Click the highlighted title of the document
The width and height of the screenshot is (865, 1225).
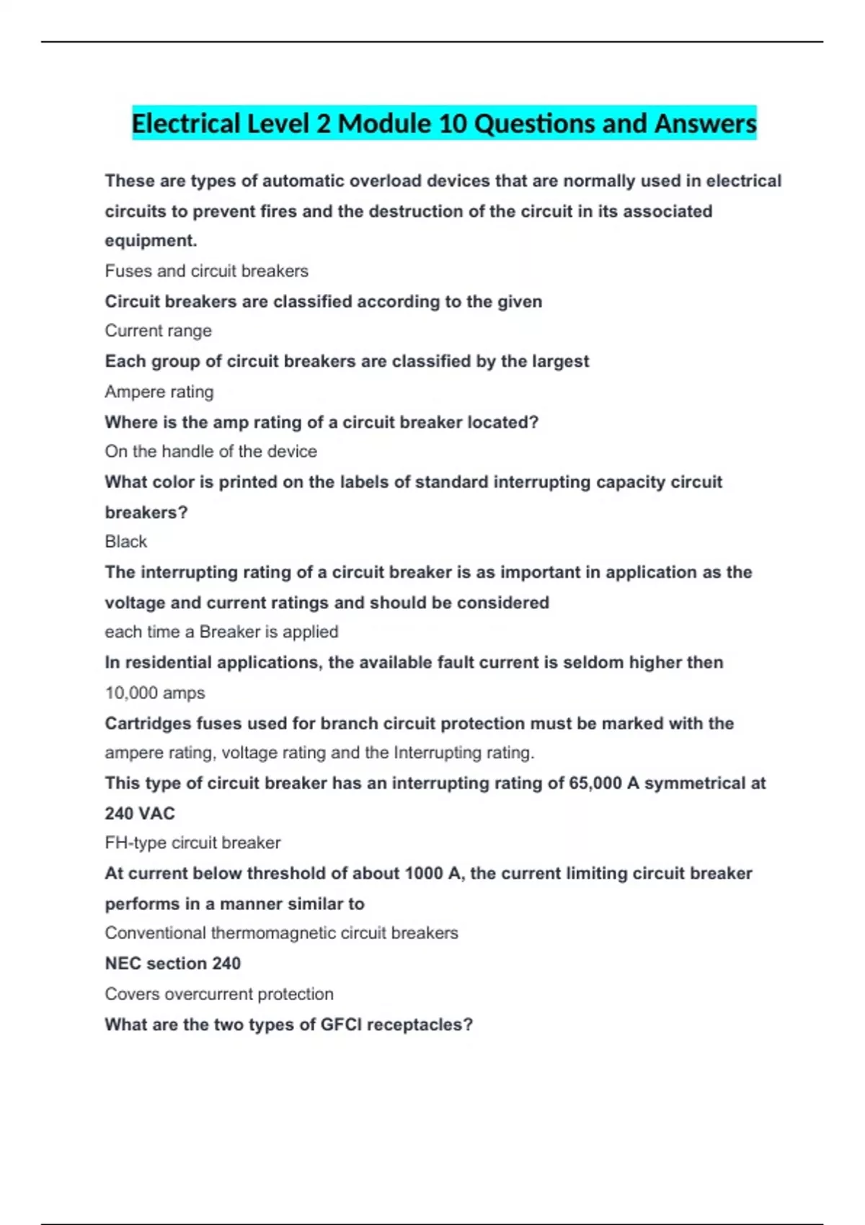click(444, 123)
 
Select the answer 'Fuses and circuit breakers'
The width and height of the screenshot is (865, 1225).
click(206, 271)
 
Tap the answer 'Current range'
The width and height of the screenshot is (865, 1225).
click(158, 331)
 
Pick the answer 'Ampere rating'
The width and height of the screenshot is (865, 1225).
click(159, 392)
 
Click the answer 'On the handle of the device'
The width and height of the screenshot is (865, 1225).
click(210, 451)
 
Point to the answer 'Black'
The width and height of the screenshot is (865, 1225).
click(125, 541)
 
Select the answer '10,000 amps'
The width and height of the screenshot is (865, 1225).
click(155, 692)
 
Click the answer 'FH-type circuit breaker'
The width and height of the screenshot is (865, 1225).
click(192, 842)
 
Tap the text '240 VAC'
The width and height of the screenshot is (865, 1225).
click(140, 814)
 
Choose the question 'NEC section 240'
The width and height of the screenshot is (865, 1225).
click(173, 963)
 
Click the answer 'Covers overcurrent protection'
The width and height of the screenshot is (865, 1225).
click(219, 994)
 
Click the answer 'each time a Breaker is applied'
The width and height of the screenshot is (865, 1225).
click(221, 632)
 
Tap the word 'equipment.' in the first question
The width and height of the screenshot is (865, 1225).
click(151, 241)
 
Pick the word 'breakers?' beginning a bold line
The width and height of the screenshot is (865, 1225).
click(146, 512)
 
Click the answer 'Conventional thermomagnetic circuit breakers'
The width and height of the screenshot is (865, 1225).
click(281, 933)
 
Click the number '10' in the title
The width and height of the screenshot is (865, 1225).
click(453, 123)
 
